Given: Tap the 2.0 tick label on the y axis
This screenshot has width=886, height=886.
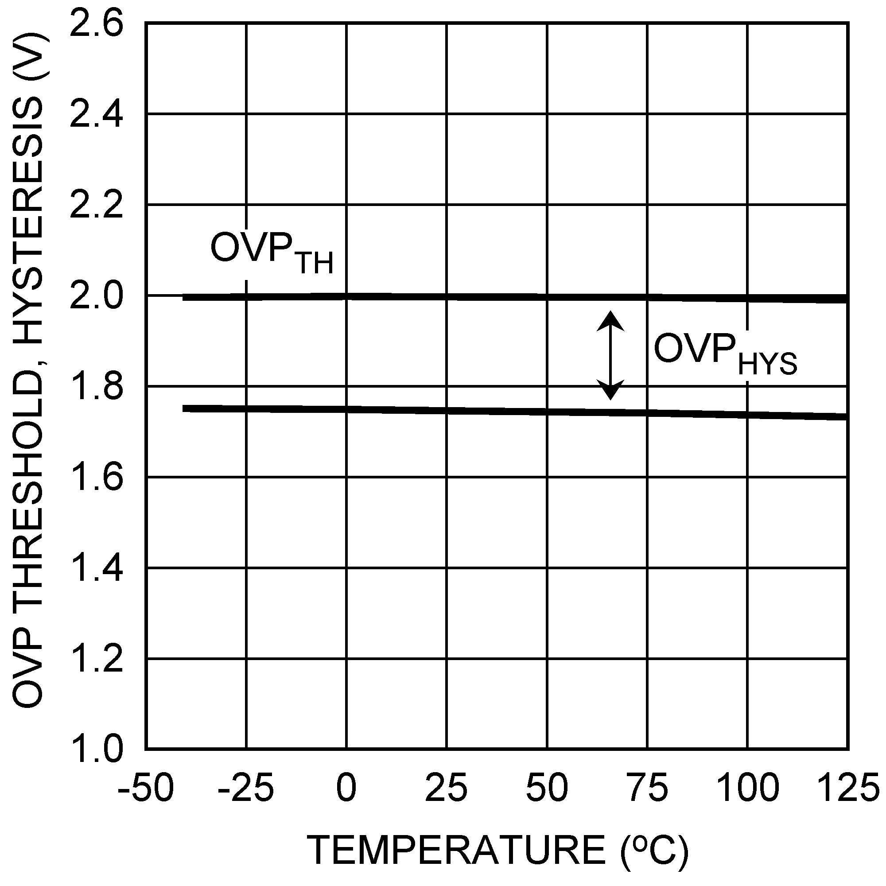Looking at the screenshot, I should [x=96, y=297].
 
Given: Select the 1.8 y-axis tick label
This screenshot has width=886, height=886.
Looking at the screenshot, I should [x=96, y=388].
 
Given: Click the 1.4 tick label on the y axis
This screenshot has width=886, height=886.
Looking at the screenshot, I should [x=96, y=569].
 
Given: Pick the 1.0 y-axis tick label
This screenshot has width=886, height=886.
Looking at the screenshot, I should [x=96, y=750].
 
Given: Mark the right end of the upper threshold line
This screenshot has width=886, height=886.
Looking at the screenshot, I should [x=846, y=299].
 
